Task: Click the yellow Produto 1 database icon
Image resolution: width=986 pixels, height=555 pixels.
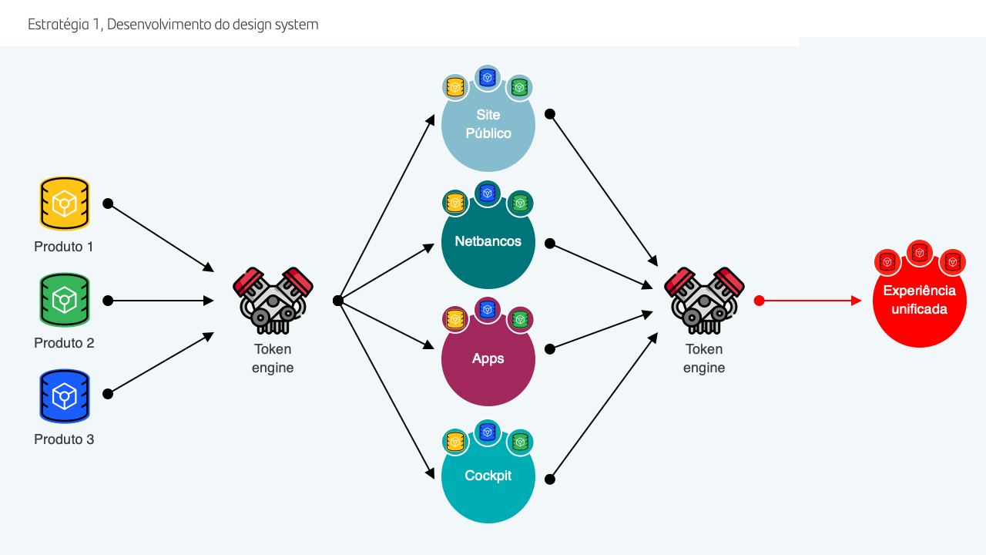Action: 65,203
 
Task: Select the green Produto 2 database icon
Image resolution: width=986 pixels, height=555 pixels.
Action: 65,300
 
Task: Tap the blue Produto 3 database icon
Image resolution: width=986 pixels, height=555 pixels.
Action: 65,396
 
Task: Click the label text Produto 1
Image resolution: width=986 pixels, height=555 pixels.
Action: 64,247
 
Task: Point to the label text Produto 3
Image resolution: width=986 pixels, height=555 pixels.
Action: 64,439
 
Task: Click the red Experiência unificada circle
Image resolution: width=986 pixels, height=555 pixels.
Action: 920,303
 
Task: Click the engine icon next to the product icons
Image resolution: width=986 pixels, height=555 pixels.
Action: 273,301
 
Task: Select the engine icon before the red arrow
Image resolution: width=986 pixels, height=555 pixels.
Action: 704,301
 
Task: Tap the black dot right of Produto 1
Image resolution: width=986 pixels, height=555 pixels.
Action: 108,203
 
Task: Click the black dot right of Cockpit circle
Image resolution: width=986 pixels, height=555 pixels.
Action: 550,479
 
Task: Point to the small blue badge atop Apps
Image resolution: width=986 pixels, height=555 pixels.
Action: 487,310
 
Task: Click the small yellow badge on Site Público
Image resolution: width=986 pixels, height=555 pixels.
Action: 455,87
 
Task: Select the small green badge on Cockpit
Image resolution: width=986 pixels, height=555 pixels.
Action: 520,442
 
